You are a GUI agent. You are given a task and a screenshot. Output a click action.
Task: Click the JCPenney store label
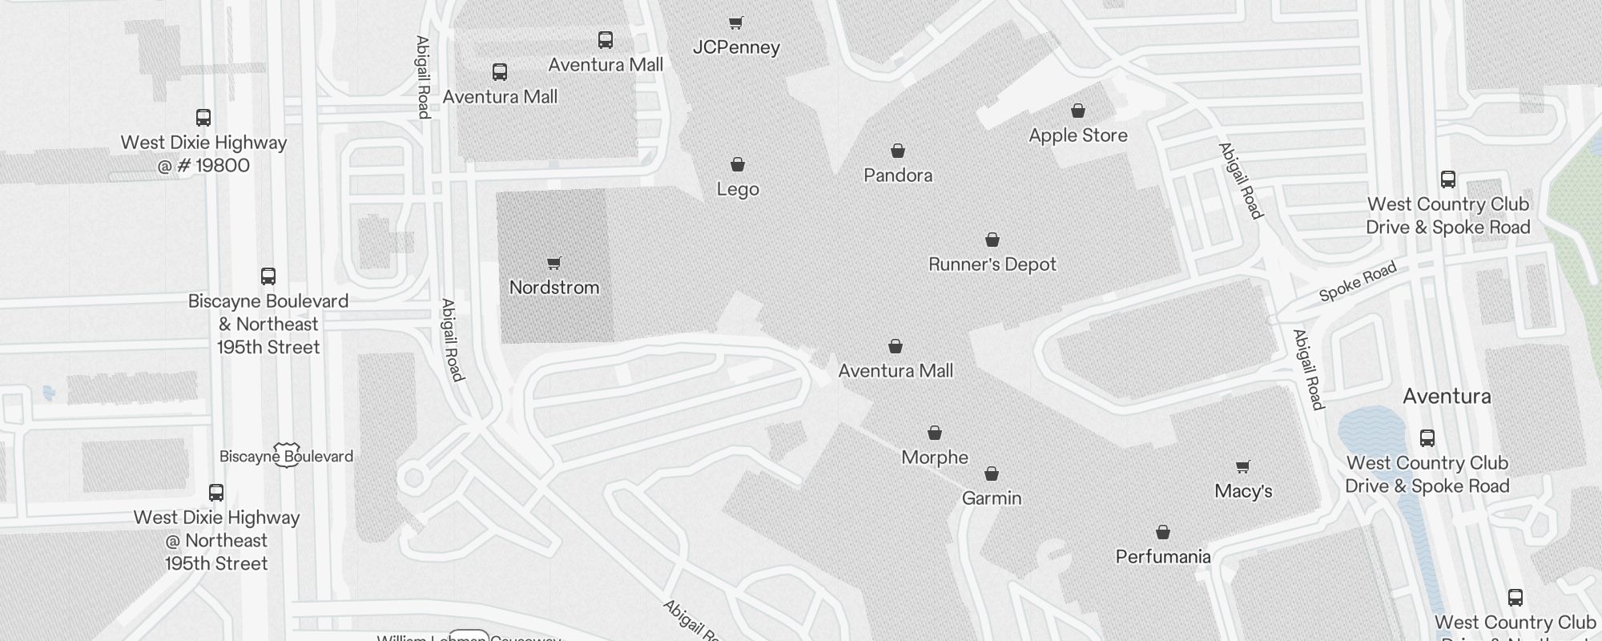click(x=736, y=47)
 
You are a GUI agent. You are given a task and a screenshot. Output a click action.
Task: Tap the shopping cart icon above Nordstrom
click(x=553, y=263)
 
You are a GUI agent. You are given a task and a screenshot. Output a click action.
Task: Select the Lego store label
click(x=738, y=190)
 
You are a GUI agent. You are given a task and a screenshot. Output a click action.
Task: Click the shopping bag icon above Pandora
click(x=898, y=151)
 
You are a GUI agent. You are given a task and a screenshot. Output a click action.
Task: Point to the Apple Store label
click(x=1078, y=135)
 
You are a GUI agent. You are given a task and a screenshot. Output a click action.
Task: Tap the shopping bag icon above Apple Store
click(x=1078, y=111)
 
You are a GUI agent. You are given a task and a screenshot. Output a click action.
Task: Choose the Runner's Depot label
click(x=992, y=264)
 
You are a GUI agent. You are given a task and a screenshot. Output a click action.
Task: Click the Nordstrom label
click(x=554, y=288)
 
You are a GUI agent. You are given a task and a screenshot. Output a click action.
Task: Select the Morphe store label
click(x=935, y=458)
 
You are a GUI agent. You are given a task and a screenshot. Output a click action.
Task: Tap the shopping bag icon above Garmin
click(x=992, y=474)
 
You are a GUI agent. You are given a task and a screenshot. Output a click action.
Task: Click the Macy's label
click(x=1243, y=491)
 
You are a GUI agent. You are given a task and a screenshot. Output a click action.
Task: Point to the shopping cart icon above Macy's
click(x=1242, y=466)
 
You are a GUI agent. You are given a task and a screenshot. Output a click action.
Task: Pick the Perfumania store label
click(x=1163, y=557)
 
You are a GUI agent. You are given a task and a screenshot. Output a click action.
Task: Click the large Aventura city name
click(x=1447, y=397)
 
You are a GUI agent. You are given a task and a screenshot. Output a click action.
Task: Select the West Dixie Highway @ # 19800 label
click(x=203, y=154)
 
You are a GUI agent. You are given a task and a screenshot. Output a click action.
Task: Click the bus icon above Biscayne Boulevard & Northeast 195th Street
click(x=268, y=276)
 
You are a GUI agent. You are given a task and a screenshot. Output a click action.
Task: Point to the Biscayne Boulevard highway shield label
click(x=286, y=456)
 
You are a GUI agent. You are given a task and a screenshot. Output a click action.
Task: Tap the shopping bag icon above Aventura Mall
click(x=896, y=346)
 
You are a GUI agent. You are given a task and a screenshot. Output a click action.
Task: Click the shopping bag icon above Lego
click(x=738, y=164)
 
